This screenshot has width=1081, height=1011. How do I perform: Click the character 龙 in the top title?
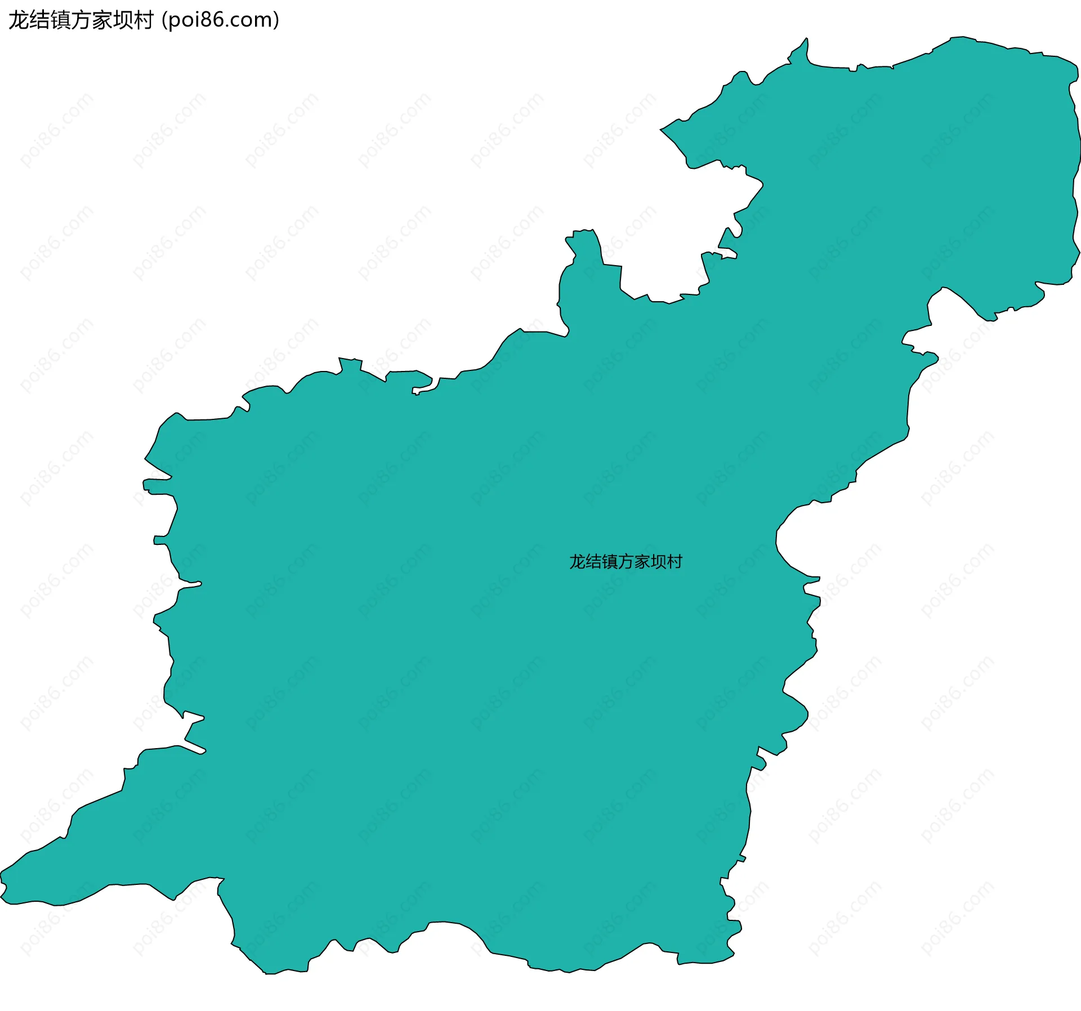19,20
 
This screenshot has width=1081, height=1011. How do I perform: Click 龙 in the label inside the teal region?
577,562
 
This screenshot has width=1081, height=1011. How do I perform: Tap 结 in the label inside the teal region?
593,562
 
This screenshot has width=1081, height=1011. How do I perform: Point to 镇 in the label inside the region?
610,562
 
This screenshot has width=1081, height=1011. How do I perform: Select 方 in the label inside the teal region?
626,562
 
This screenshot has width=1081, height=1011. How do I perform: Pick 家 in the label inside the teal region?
642,562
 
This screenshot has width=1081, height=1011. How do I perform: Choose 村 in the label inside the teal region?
674,562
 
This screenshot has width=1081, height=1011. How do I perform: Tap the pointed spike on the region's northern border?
806,39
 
